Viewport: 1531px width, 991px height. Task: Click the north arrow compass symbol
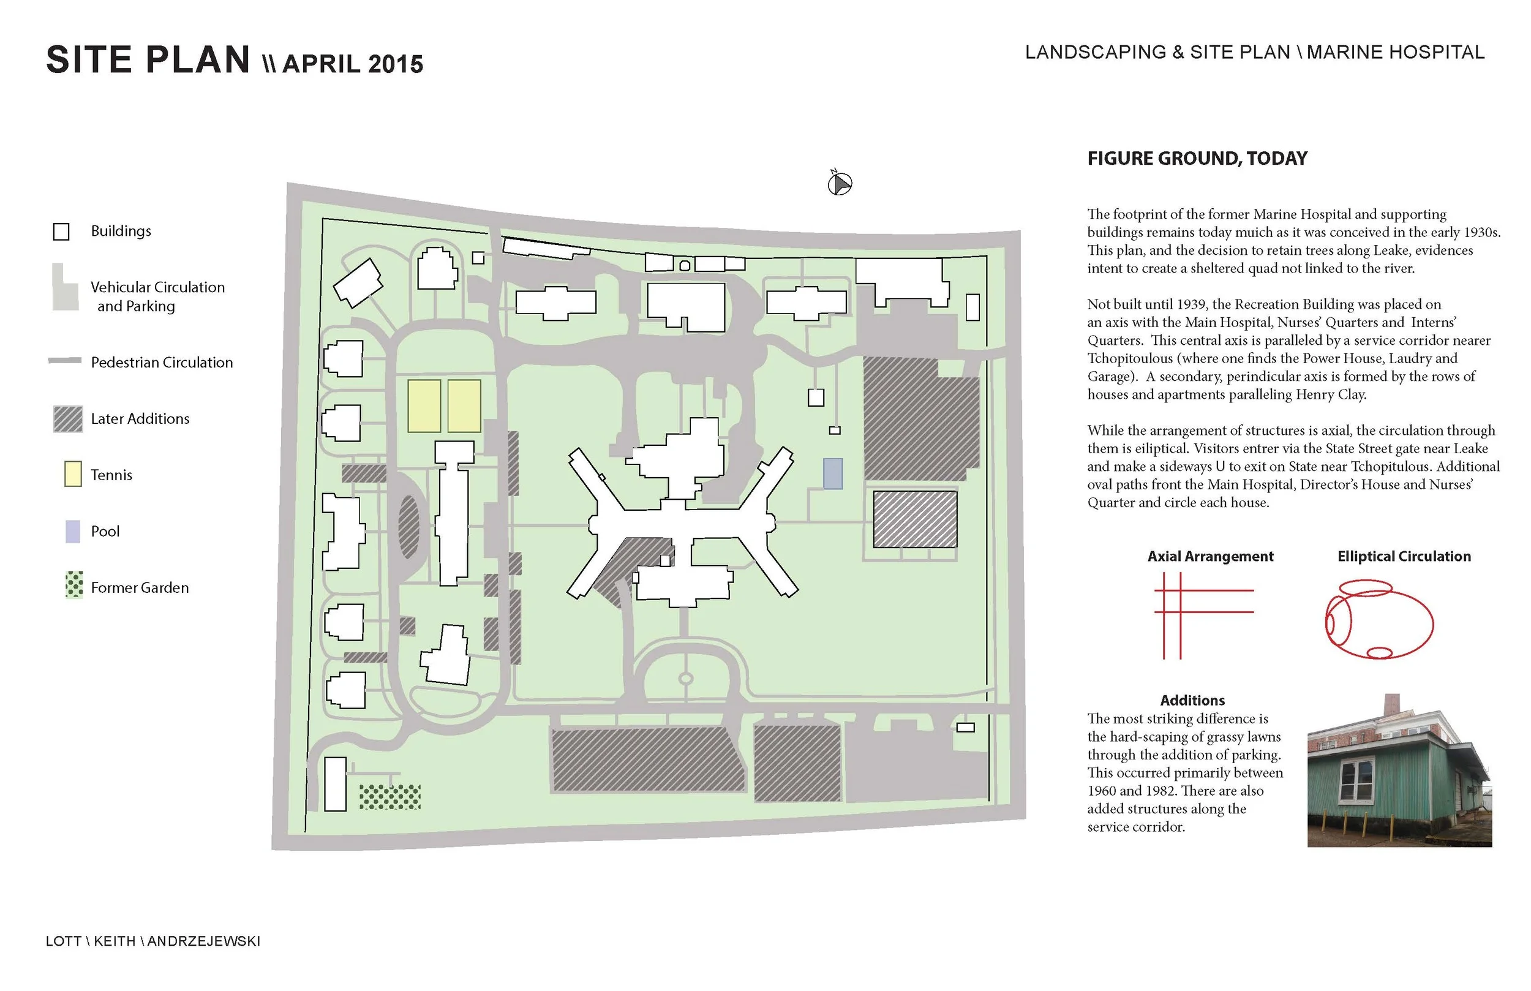click(x=840, y=184)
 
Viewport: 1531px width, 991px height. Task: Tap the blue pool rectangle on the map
click(x=832, y=473)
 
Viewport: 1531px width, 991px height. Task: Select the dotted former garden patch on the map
click(x=390, y=797)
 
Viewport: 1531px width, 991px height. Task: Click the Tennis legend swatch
click(x=73, y=474)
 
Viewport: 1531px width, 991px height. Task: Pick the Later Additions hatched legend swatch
click(x=68, y=419)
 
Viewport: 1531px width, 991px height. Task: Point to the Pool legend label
click(x=105, y=532)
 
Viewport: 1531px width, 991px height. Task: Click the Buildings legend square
click(x=61, y=232)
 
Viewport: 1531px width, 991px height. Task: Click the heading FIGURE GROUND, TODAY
click(x=1197, y=158)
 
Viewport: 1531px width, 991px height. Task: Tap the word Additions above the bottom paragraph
click(x=1192, y=700)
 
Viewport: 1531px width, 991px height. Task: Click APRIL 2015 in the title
click(x=353, y=64)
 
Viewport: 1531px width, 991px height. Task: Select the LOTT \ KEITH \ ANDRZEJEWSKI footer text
click(x=153, y=941)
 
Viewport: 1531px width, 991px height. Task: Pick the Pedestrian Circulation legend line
click(x=65, y=361)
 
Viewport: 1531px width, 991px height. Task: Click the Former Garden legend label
click(x=140, y=587)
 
